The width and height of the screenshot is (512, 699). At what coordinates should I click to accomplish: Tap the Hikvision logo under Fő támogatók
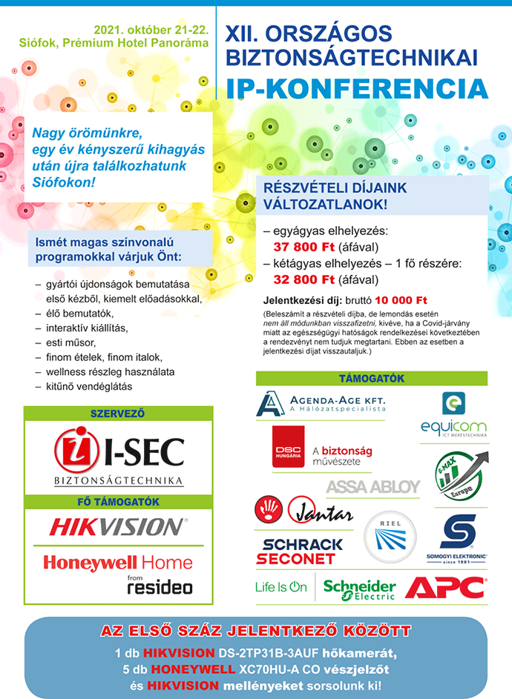119,527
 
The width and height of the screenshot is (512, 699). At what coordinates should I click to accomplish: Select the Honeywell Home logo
117,563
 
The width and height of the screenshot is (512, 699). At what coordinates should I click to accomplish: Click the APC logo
444,588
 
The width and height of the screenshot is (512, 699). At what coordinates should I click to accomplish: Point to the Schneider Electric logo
359,589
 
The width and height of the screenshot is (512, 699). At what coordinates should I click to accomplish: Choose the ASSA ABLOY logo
372,487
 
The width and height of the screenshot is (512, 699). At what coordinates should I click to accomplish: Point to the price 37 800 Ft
304,247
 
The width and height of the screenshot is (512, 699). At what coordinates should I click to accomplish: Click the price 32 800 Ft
304,279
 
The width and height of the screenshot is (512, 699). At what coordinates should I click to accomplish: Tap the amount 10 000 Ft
401,300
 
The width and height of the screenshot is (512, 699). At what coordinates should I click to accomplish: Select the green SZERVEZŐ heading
117,413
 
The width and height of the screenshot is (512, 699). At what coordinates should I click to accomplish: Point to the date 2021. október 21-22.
150,30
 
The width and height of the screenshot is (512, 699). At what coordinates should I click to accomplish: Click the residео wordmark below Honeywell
160,588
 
